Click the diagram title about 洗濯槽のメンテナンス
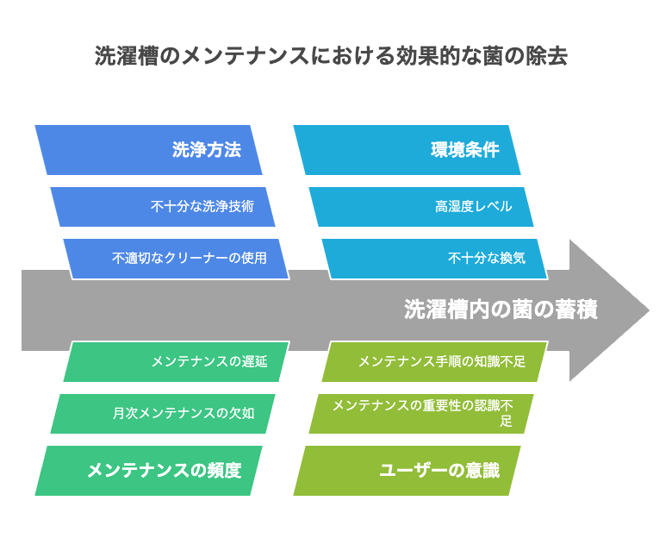click(x=331, y=56)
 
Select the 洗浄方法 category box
click(x=148, y=150)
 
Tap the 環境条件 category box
click(x=407, y=150)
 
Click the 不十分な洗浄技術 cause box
click(x=163, y=207)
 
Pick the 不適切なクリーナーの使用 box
click(x=176, y=259)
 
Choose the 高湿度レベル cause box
click(x=420, y=207)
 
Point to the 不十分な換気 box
click(x=434, y=259)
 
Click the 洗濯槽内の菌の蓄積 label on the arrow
click(x=501, y=310)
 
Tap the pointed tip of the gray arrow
click(x=649, y=310)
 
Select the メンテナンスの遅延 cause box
click(x=176, y=361)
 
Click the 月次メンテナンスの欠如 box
click(x=163, y=414)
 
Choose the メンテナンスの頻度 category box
click(x=148, y=471)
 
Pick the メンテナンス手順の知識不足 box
click(x=434, y=361)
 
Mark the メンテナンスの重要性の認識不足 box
click(x=420, y=414)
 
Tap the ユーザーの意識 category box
click(x=407, y=471)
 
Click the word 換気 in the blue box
click(x=513, y=259)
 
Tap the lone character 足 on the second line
click(x=506, y=421)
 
